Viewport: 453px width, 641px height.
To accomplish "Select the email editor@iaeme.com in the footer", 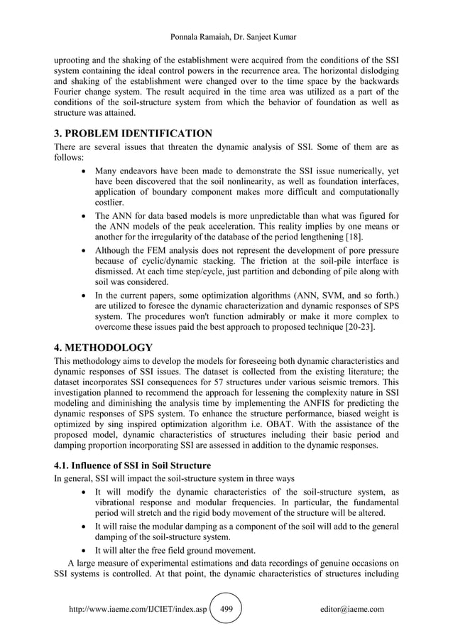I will point(352,610).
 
